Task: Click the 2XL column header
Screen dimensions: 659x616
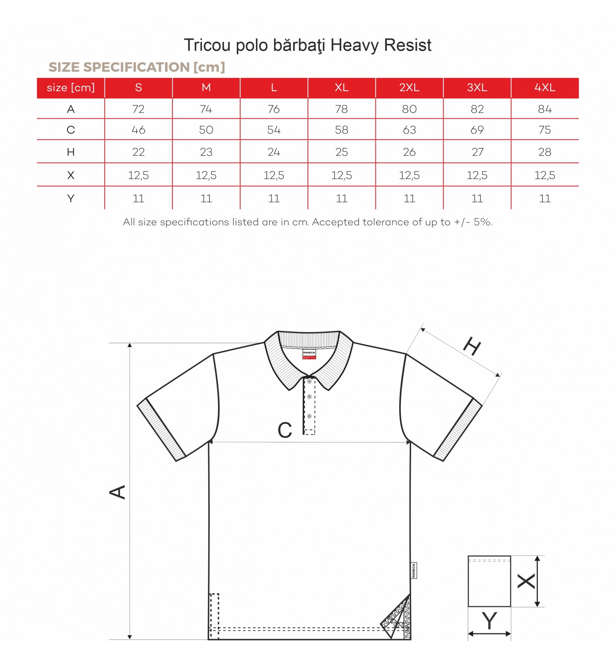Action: pyautogui.click(x=409, y=87)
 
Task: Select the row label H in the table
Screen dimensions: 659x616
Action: pyautogui.click(x=70, y=152)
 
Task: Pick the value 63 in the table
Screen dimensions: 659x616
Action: pyautogui.click(x=409, y=130)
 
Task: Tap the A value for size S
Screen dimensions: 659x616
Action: pyautogui.click(x=138, y=109)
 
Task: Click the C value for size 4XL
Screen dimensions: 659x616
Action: pyautogui.click(x=545, y=130)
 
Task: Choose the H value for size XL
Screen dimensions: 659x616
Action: pyautogui.click(x=341, y=152)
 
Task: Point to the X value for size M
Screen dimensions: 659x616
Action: pyautogui.click(x=206, y=175)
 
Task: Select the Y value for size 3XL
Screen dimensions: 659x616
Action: pyautogui.click(x=477, y=198)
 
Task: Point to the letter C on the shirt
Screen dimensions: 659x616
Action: pyautogui.click(x=285, y=430)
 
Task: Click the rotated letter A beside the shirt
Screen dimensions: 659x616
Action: pyautogui.click(x=117, y=492)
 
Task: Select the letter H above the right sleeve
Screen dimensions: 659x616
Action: pyautogui.click(x=472, y=346)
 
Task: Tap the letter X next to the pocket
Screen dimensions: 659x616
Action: pyautogui.click(x=526, y=581)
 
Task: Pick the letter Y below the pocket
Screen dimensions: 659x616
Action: pyautogui.click(x=489, y=621)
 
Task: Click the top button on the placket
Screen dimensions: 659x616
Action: pyautogui.click(x=309, y=382)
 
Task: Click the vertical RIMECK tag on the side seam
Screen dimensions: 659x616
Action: pyautogui.click(x=414, y=570)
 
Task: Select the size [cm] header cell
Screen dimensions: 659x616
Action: pyautogui.click(x=70, y=87)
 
